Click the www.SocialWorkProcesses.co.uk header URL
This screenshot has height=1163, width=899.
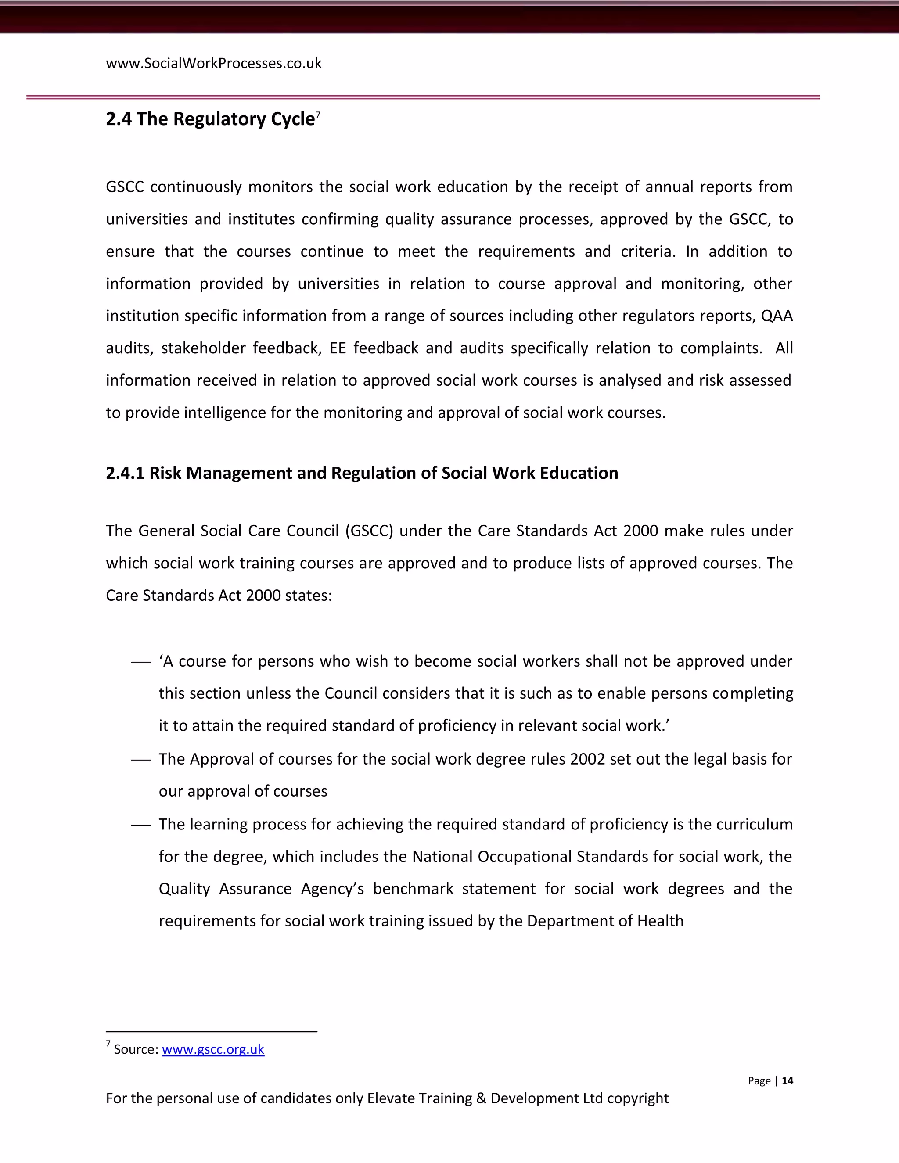click(x=214, y=63)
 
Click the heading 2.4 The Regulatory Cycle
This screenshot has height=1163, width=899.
click(x=210, y=119)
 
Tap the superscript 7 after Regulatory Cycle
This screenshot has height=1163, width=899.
click(x=318, y=114)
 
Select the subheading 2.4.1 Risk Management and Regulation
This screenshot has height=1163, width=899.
click(x=362, y=473)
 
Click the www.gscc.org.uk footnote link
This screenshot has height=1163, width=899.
click(x=213, y=1049)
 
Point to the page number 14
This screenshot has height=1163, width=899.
click(x=787, y=1080)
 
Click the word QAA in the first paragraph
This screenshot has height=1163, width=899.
click(x=777, y=316)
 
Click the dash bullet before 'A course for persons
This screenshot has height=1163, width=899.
click(x=141, y=662)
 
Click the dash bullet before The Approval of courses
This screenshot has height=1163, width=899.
click(x=141, y=760)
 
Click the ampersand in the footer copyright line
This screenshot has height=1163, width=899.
click(x=481, y=1098)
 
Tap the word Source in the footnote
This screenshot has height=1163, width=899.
click(x=136, y=1049)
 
